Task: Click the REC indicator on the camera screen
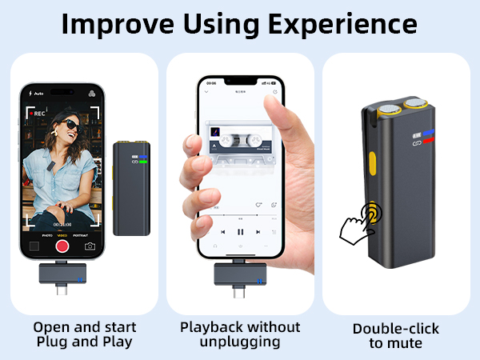pos(37,114)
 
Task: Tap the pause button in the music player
pos(240,231)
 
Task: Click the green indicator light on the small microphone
pos(144,162)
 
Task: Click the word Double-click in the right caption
pos(396,328)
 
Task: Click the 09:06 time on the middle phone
pos(211,82)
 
